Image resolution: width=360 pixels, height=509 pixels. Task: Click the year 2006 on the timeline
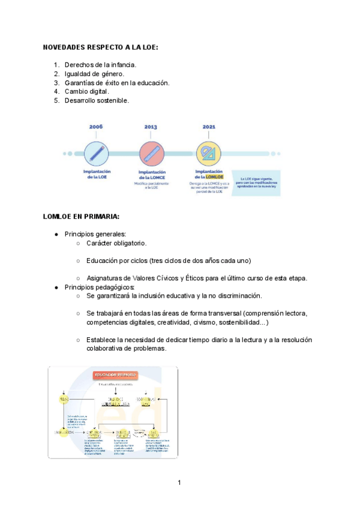[96, 127]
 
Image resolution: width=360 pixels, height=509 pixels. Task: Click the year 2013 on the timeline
[151, 127]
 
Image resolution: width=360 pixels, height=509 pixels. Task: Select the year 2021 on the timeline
[208, 127]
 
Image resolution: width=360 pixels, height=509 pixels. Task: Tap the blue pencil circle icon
[96, 153]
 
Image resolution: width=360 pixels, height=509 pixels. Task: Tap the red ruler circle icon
[151, 154]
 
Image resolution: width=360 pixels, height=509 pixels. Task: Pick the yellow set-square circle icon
[209, 154]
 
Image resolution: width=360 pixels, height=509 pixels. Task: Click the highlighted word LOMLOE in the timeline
[214, 177]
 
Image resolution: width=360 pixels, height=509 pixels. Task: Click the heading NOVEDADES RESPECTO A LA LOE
[100, 47]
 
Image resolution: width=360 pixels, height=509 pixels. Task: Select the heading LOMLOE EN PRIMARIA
[81, 216]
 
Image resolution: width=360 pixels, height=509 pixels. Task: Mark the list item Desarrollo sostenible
[97, 100]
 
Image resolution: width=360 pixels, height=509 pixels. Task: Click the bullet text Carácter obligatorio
[116, 243]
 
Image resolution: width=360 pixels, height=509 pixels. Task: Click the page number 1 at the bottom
[179, 482]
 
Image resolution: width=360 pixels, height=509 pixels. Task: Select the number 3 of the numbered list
[56, 82]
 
